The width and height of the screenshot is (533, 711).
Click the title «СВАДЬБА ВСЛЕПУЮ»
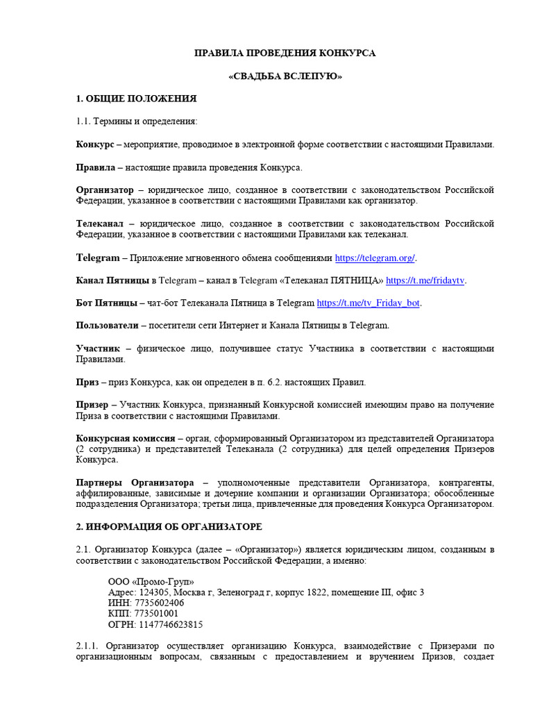285,76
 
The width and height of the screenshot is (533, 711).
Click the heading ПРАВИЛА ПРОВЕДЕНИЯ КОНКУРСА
285,53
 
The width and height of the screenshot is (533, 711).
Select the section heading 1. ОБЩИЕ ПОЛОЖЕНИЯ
136,99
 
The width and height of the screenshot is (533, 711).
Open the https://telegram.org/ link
375,258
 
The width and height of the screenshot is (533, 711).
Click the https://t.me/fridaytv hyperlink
425,281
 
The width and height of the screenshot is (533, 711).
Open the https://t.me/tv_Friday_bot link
369,303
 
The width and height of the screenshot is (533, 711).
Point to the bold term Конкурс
95,144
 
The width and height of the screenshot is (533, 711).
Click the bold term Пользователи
108,325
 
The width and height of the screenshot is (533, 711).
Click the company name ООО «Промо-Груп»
151,581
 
